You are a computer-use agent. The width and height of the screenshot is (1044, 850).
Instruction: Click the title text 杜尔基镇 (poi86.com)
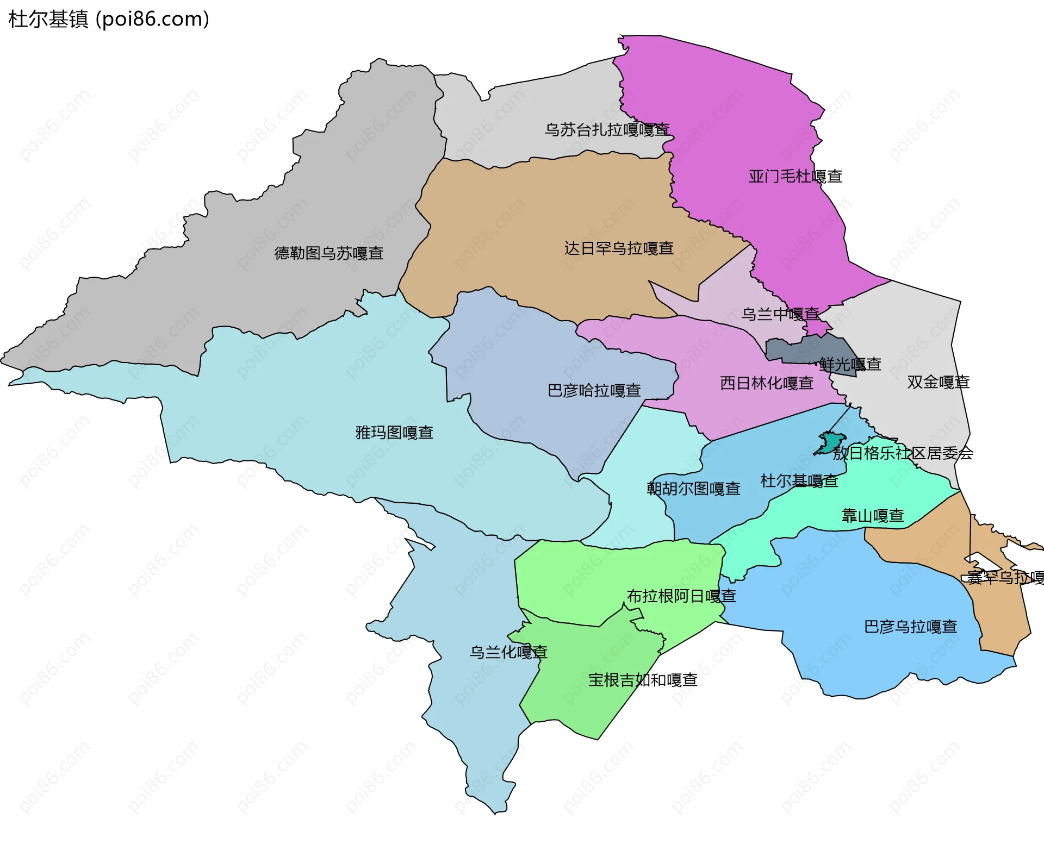pos(109,19)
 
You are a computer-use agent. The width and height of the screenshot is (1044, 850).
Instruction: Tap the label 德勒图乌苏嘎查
pos(329,253)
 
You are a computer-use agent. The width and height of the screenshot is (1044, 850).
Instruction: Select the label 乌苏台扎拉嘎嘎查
pos(607,130)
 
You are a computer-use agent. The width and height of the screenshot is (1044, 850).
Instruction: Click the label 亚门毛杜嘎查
pos(795,176)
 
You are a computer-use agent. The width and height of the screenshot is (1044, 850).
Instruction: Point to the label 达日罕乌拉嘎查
pos(619,248)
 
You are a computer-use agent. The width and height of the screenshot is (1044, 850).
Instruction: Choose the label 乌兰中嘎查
pos(780,314)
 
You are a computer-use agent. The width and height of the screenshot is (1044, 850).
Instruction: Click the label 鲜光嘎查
pos(850,364)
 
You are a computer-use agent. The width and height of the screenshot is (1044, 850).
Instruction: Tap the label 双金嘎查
pos(938,382)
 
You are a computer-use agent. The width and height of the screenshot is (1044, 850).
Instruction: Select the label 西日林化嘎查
pos(767,383)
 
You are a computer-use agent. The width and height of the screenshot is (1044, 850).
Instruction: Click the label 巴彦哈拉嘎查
pos(594,391)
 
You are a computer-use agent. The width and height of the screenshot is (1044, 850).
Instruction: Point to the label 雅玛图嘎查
pos(394,433)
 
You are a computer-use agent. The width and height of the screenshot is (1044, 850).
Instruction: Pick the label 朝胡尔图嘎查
pos(693,489)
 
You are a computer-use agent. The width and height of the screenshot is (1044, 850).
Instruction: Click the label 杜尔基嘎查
pos(799,481)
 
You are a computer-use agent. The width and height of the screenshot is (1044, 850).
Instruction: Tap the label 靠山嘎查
pos(873,515)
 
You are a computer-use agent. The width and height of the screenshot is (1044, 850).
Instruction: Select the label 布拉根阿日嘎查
pos(681,596)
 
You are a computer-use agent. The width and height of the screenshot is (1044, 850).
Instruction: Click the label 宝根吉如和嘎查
pos(643,680)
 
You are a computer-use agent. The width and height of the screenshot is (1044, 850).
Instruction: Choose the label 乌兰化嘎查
pos(508,652)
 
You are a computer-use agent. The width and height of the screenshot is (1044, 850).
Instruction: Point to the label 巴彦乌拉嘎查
pos(910,627)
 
